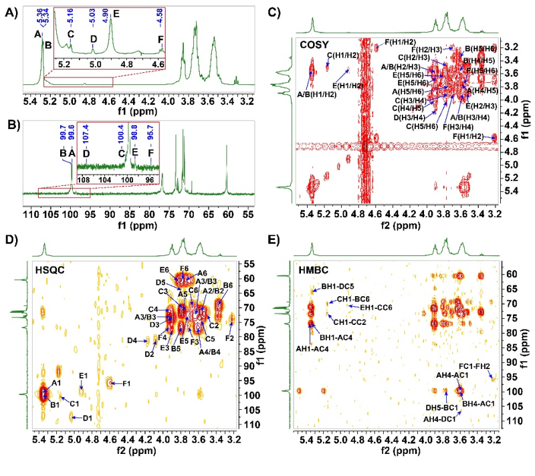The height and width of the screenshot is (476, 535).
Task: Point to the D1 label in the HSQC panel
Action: pyautogui.click(x=86, y=419)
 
